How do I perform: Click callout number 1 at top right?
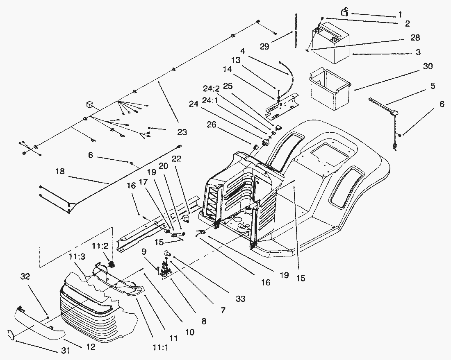tap(400, 15)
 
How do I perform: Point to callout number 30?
tap(427, 66)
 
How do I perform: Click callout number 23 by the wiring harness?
tap(182, 132)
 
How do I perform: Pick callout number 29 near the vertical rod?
tap(264, 46)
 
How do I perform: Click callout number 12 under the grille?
tap(91, 347)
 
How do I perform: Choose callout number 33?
tap(240, 299)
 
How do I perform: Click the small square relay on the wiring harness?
tap(89, 105)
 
